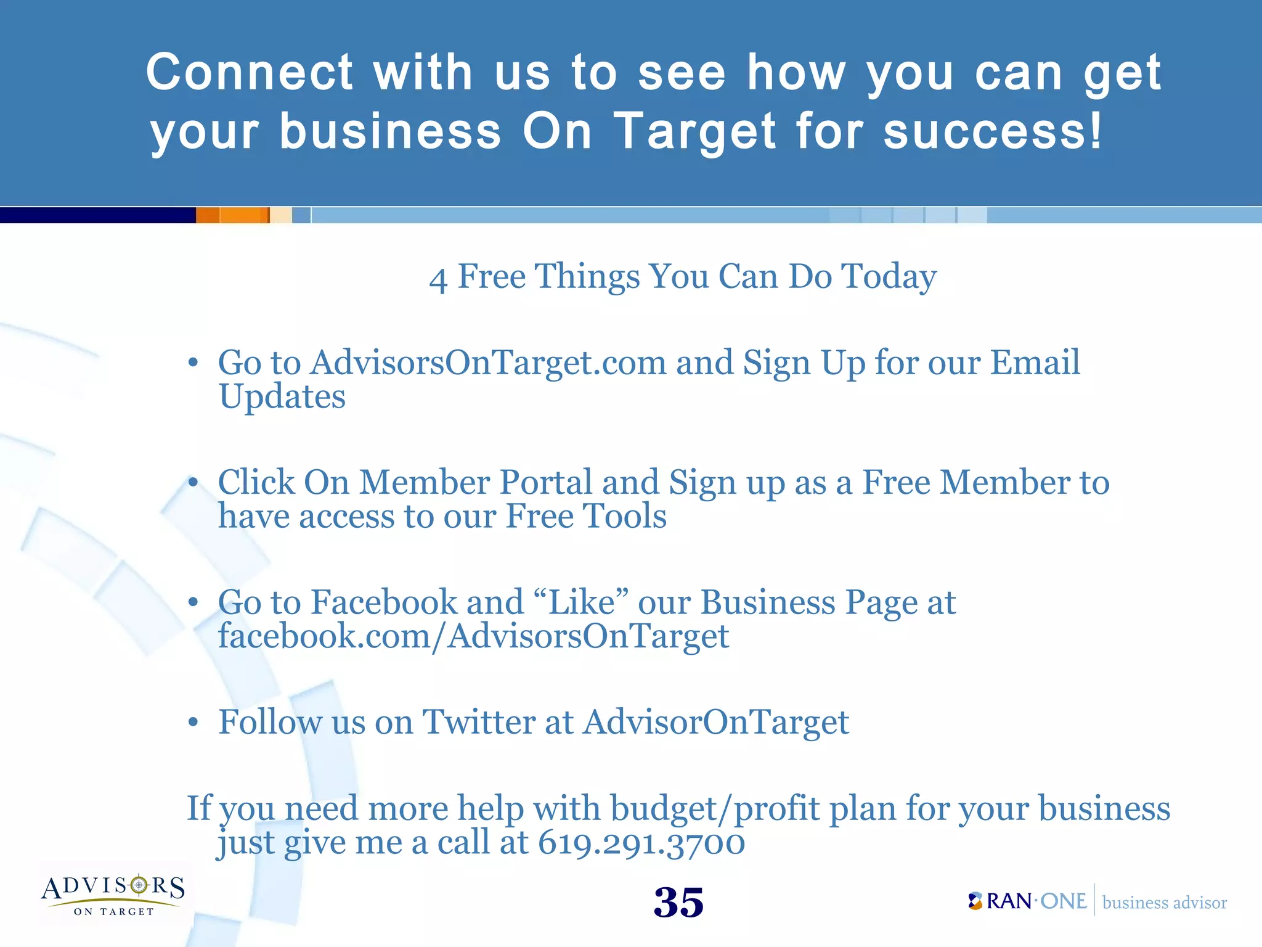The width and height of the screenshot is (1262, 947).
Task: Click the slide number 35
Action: (678, 903)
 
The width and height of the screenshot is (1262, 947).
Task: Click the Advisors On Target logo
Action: (113, 894)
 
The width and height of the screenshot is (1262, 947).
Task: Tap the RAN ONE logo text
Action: (1035, 901)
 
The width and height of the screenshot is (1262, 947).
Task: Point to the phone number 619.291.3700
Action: (641, 843)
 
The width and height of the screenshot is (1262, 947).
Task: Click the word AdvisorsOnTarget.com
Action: (488, 363)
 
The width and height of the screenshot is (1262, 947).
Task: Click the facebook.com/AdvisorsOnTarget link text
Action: (473, 636)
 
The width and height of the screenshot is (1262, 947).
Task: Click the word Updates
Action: (282, 397)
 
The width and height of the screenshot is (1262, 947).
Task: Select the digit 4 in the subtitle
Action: (438, 279)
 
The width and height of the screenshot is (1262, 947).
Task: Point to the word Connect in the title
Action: (250, 72)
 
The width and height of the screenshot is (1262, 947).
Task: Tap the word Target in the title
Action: (696, 133)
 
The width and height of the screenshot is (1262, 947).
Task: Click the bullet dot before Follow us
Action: (193, 722)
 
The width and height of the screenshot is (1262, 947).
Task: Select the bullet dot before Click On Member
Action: (193, 483)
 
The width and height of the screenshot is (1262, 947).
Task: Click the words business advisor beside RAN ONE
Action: (1164, 903)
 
